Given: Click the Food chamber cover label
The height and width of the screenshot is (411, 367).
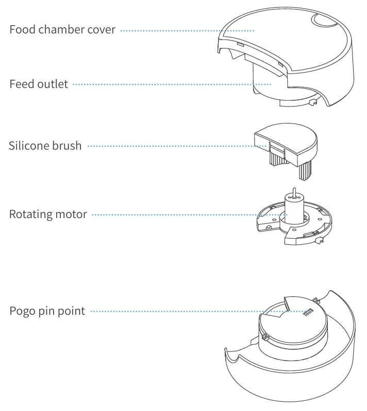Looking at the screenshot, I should click(62, 29).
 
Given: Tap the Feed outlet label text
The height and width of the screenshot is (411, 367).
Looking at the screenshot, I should click(39, 84).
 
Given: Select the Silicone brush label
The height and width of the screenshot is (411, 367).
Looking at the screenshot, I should click(45, 146).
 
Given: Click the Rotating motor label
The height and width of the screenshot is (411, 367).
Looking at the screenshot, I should click(48, 214).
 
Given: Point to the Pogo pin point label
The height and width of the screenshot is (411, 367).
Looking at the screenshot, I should click(47, 311).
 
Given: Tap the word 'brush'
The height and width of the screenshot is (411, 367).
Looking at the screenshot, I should click(66, 146).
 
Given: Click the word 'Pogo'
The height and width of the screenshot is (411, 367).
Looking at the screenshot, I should click(21, 311).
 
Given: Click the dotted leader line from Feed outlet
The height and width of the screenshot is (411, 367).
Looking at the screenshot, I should click(170, 84).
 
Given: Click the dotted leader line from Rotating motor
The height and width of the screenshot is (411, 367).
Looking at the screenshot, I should click(186, 214).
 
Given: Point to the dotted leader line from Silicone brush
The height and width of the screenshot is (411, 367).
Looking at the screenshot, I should click(170, 146).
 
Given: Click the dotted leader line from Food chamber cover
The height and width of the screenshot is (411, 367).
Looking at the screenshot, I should click(186, 30).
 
